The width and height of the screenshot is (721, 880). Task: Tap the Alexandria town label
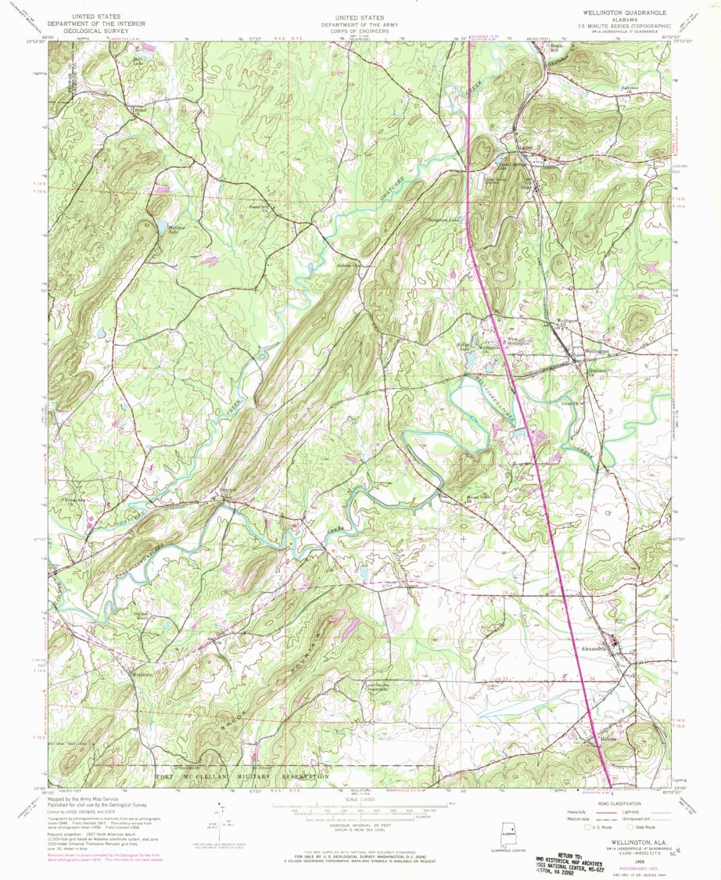pyautogui.click(x=594, y=648)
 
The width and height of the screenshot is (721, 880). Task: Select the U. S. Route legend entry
pyautogui.click(x=602, y=826)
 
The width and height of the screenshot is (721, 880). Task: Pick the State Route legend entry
pyautogui.click(x=648, y=826)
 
